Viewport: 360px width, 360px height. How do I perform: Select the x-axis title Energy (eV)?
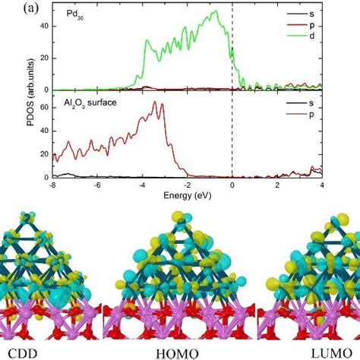tap(188, 196)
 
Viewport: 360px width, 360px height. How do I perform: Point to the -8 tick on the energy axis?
tap(52, 185)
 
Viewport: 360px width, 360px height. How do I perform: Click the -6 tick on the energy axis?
tap(97, 185)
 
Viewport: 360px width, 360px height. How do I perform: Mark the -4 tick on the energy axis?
tap(142, 185)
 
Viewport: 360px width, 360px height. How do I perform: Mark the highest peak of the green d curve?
tap(217, 11)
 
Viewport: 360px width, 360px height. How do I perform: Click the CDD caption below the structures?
tap(22, 351)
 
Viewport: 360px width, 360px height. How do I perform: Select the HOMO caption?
tap(179, 352)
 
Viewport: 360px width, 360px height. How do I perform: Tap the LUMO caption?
tap(333, 352)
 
